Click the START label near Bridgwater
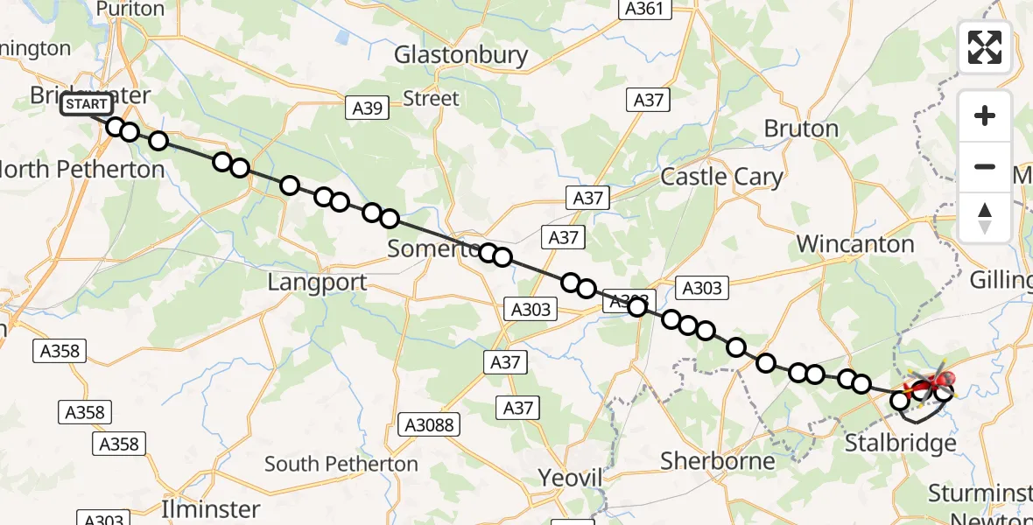[x=87, y=105]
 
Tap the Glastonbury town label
[x=460, y=55]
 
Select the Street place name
[x=432, y=98]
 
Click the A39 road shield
[x=367, y=108]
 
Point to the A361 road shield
[x=645, y=10]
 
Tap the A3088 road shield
[x=429, y=424]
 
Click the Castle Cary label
[x=721, y=177]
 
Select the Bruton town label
[x=800, y=129]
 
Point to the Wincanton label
[x=855, y=244]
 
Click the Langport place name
[x=317, y=283]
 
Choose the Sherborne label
[x=718, y=460]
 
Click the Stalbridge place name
[x=900, y=444]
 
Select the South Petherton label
[x=341, y=464]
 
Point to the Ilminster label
[x=211, y=508]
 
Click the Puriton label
[x=130, y=10]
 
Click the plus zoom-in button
[x=985, y=115]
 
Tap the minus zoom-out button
[x=985, y=166]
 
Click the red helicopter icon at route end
[x=933, y=382]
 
